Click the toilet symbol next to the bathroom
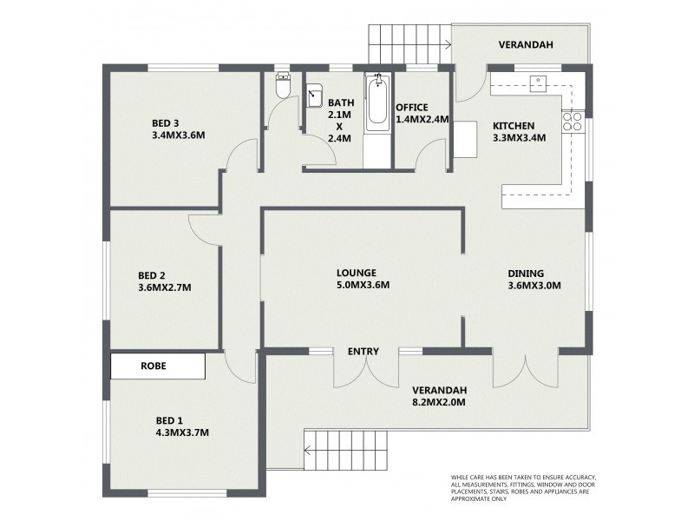pyautogui.click(x=282, y=87)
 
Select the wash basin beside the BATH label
pyautogui.click(x=314, y=94)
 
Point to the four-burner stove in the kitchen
pyautogui.click(x=572, y=122)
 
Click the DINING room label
pyautogui.click(x=527, y=272)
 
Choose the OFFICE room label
pyautogui.click(x=413, y=107)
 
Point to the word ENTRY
pyautogui.click(x=363, y=352)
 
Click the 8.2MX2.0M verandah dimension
pyautogui.click(x=439, y=403)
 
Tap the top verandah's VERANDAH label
pyautogui.click(x=525, y=45)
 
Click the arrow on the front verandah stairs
pyautogui.click(x=308, y=449)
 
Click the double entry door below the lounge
pyautogui.click(x=366, y=369)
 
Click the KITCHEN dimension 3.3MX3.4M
pyautogui.click(x=519, y=136)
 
